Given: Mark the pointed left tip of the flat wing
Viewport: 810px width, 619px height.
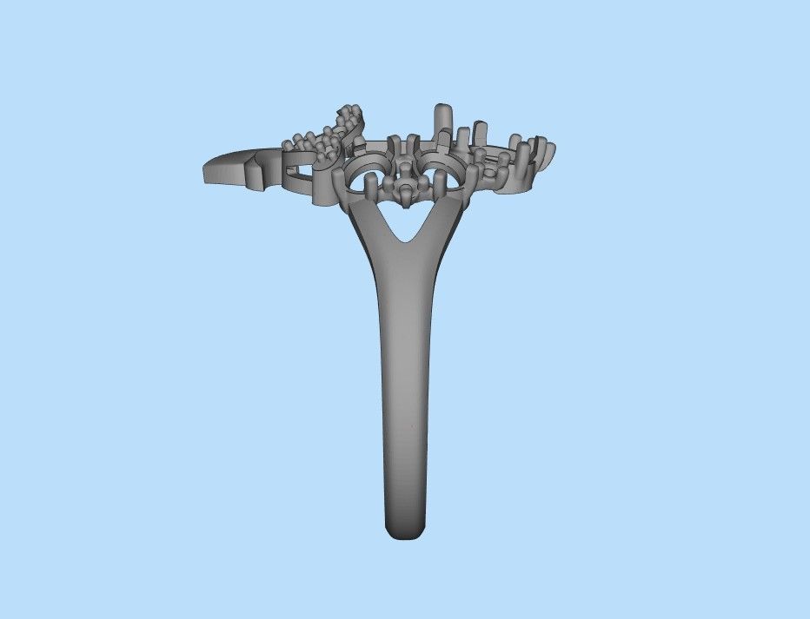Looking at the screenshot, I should [x=206, y=168].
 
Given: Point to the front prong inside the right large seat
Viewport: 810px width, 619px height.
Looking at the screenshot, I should [x=441, y=185].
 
